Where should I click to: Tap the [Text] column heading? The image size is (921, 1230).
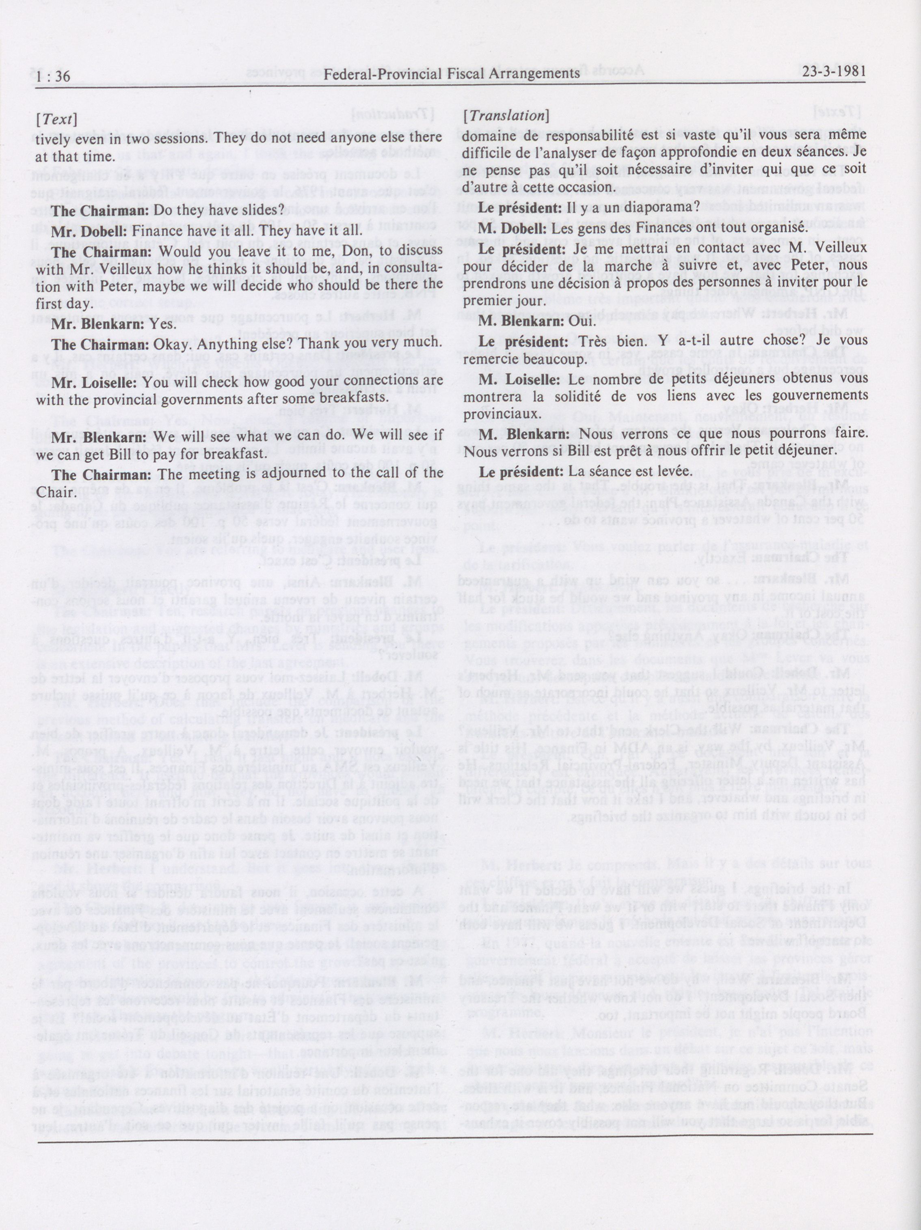56,119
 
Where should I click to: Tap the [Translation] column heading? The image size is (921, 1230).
506,116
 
